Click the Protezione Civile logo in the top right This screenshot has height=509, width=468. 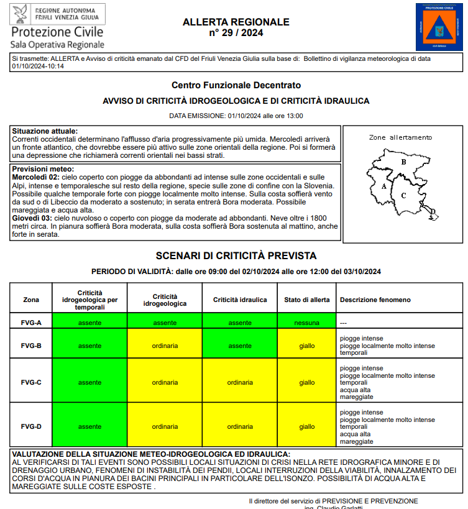pyautogui.click(x=440, y=27)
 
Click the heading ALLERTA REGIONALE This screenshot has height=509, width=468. pyautogui.click(x=236, y=22)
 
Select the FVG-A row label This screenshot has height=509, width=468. pyautogui.click(x=31, y=323)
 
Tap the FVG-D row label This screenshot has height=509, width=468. pyautogui.click(x=31, y=427)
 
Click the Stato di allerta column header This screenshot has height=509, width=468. pyautogui.click(x=306, y=300)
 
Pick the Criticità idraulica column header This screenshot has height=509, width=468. pyautogui.click(x=240, y=300)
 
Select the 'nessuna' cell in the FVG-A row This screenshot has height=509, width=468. pyautogui.click(x=307, y=323)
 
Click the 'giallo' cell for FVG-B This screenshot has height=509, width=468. pyautogui.click(x=307, y=346)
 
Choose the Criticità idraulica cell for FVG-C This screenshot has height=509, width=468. pyautogui.click(x=240, y=383)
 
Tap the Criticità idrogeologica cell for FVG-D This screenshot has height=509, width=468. pyautogui.click(x=165, y=427)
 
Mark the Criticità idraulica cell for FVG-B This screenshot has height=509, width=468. pyautogui.click(x=240, y=346)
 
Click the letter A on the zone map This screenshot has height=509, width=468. pyautogui.click(x=384, y=186)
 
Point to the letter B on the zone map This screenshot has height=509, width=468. pyautogui.click(x=403, y=162)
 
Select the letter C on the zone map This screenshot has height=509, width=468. pyautogui.click(x=403, y=196)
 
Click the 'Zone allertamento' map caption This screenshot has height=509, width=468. pyautogui.click(x=400, y=137)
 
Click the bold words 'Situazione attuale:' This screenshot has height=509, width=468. pyautogui.click(x=45, y=131)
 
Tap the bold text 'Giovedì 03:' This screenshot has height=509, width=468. pyautogui.click(x=35, y=219)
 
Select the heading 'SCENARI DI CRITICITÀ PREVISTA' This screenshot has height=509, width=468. pyautogui.click(x=236, y=255)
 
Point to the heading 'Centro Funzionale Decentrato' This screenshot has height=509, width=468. pyautogui.click(x=236, y=85)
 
